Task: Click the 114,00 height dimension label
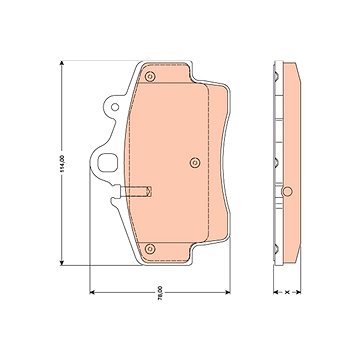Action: click(62, 163)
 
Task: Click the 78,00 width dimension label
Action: click(160, 293)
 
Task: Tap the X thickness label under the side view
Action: click(287, 292)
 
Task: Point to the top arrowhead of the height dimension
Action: click(62, 63)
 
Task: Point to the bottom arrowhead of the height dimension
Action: click(62, 263)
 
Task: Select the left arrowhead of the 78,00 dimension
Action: click(93, 292)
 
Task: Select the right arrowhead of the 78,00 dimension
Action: click(227, 292)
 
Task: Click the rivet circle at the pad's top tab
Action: click(150, 77)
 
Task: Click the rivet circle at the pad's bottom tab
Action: click(150, 248)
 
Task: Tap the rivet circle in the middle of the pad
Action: click(195, 163)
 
